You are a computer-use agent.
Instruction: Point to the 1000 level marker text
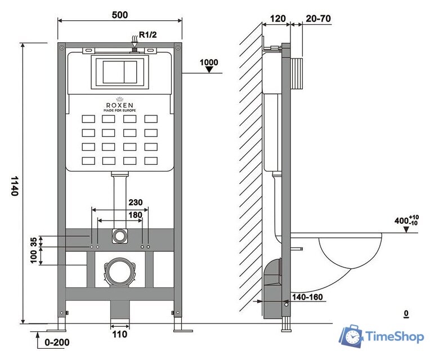point(209,61)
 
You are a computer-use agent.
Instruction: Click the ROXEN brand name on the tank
point(119,104)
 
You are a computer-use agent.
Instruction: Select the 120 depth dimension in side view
point(276,18)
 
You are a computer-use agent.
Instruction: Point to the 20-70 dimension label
point(318,18)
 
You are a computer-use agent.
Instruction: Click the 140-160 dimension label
point(308,296)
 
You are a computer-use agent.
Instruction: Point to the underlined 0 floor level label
point(405,313)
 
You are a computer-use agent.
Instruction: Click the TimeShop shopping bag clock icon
point(351,336)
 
